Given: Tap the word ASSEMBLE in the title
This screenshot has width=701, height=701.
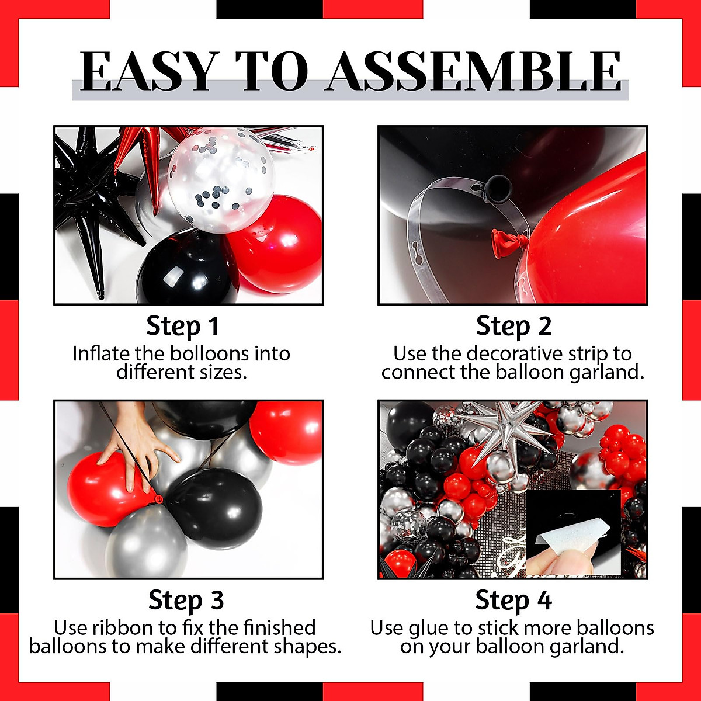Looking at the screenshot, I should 473,71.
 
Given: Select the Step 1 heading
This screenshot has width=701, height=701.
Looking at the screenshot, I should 182,326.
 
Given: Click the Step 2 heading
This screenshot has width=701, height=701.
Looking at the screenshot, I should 513,326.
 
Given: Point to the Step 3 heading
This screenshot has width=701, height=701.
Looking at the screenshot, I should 186,600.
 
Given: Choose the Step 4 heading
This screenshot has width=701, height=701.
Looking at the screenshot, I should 513,600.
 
